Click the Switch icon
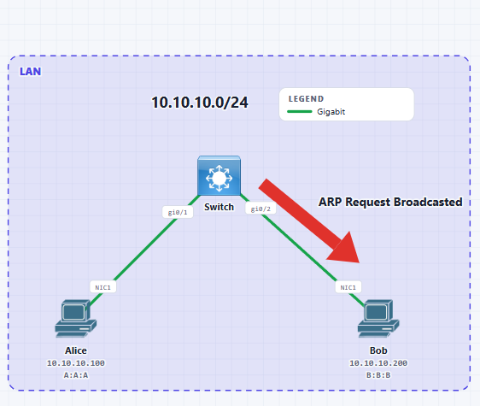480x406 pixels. [219, 175]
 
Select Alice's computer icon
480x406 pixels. [76, 319]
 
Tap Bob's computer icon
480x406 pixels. [378, 319]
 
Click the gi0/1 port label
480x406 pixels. [178, 212]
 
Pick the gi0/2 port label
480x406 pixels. [260, 209]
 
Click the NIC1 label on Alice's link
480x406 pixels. [102, 287]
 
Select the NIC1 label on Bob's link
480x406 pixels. [348, 287]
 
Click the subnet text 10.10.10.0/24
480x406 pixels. [200, 103]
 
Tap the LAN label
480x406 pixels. [30, 72]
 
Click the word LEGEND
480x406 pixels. [306, 99]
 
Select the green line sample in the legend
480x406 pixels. [300, 111]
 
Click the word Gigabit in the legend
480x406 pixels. [331, 112]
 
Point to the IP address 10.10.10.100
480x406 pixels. [76, 363]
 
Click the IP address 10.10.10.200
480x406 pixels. [378, 363]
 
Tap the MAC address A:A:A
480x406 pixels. [76, 375]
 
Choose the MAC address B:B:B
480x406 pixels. [378, 375]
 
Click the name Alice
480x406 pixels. [76, 350]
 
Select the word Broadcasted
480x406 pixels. [428, 202]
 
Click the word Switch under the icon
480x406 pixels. [219, 207]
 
